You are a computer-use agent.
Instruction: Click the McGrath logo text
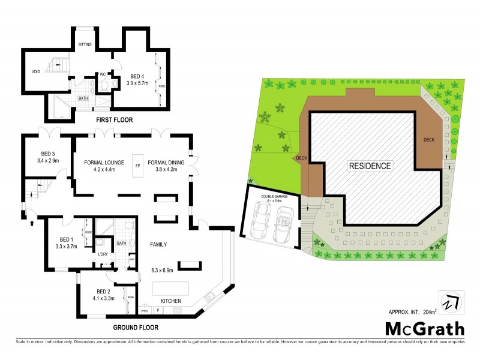424,329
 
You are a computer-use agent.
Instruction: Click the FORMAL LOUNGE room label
99,161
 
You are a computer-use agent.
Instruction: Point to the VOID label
35,73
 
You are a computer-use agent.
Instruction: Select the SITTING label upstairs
86,44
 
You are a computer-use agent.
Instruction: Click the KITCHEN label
170,301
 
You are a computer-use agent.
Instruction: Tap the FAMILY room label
158,244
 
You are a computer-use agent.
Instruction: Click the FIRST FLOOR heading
114,120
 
